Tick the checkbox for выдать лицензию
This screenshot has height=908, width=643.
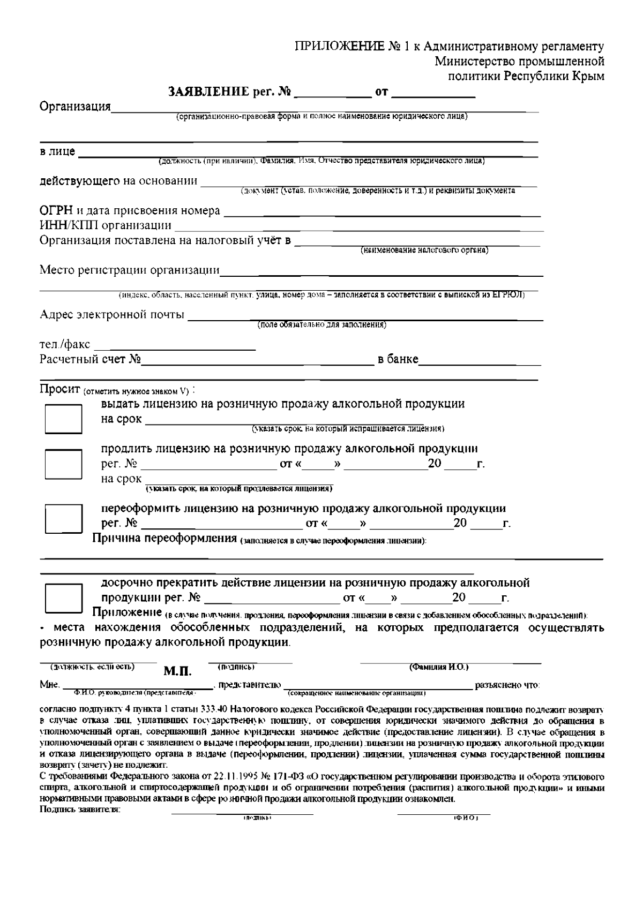click(x=63, y=418)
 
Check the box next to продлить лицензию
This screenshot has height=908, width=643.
click(x=63, y=463)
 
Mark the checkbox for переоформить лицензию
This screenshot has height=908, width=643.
click(x=63, y=516)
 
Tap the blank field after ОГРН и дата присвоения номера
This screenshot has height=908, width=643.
click(x=382, y=211)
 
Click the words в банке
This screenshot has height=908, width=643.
click(x=398, y=359)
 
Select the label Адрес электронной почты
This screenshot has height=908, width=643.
click(x=112, y=314)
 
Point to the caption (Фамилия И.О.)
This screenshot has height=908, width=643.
click(x=439, y=667)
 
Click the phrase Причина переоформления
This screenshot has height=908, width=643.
click(x=165, y=538)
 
